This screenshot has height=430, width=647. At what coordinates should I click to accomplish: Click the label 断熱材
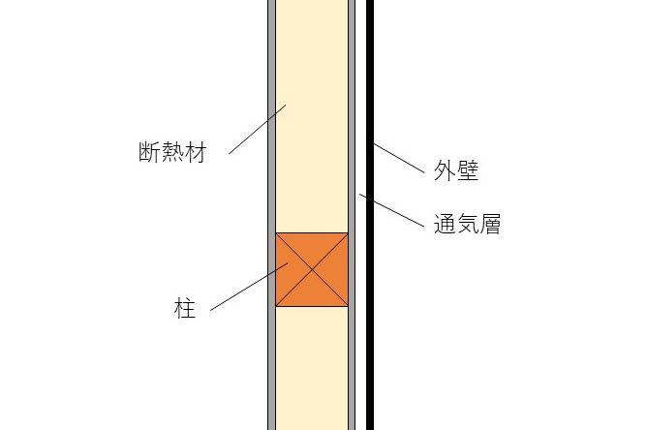coord(171,154)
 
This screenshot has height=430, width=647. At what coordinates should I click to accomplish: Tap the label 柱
coord(185,310)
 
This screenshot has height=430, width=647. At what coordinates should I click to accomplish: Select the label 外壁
coord(455,172)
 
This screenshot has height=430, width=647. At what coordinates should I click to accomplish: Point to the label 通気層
coord(467,227)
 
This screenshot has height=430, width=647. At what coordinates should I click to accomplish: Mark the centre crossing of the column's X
coord(312,269)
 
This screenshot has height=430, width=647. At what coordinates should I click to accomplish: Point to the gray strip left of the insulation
coord(271,97)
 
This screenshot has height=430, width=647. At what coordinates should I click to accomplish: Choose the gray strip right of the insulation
coord(352,97)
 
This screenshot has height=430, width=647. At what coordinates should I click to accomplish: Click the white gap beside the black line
coord(360,97)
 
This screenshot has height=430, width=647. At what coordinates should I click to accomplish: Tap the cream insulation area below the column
coord(312,368)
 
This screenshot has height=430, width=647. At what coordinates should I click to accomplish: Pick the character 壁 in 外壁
coord(468,172)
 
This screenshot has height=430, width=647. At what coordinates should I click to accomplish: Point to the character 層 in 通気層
coord(489,227)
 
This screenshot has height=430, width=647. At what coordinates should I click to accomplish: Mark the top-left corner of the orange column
coord(277,233)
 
